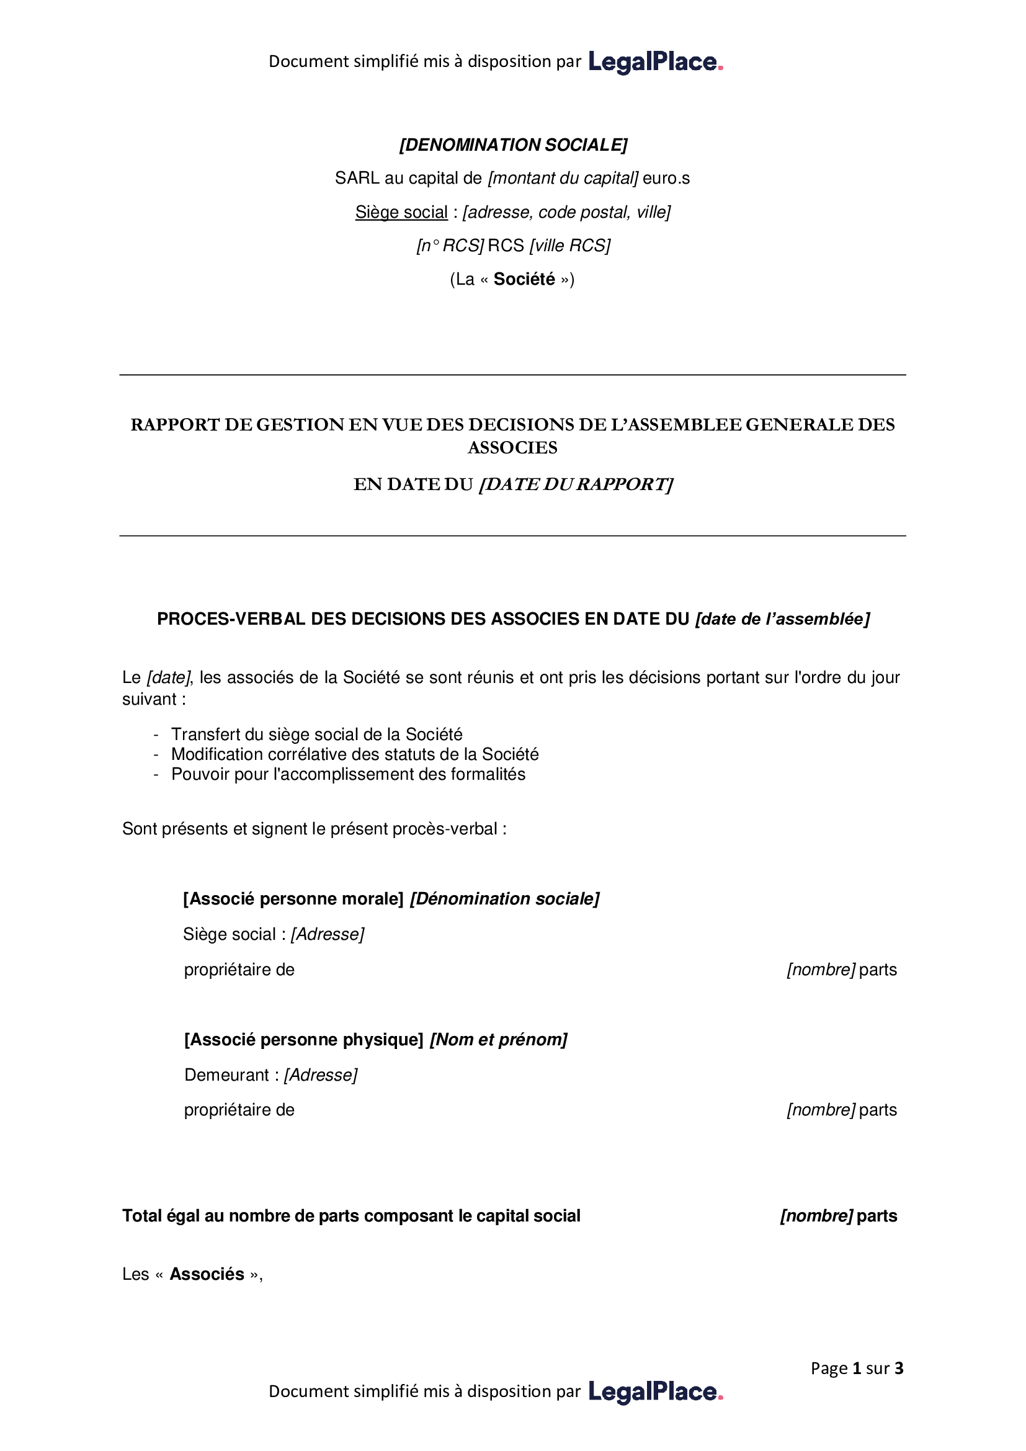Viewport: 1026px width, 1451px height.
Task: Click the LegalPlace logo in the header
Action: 655,62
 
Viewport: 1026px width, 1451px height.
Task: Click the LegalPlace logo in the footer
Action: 655,1391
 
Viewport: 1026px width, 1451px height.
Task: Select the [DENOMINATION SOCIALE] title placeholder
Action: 513,145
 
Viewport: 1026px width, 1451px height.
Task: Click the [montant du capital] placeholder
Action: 563,179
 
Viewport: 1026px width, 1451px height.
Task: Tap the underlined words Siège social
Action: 401,212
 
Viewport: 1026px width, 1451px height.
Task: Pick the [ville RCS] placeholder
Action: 570,246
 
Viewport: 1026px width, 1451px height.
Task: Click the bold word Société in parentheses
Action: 524,279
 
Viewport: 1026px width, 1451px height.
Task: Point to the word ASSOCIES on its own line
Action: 512,448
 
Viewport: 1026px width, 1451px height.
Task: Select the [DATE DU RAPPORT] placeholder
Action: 576,484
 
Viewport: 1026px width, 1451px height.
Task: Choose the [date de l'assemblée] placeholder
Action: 782,619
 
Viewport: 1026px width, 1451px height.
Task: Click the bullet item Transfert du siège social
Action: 316,734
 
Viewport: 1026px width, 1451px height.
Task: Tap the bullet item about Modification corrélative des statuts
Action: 354,754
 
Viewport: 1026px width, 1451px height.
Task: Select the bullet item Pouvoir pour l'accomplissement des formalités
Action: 348,775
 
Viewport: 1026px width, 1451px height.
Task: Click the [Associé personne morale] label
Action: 293,900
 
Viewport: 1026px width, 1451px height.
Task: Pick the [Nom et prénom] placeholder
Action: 499,1040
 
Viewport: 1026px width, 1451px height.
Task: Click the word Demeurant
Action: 227,1076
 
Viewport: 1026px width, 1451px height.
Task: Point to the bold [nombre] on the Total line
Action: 816,1217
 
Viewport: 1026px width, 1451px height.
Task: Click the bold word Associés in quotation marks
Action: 207,1275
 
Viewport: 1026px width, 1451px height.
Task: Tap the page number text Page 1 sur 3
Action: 857,1369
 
